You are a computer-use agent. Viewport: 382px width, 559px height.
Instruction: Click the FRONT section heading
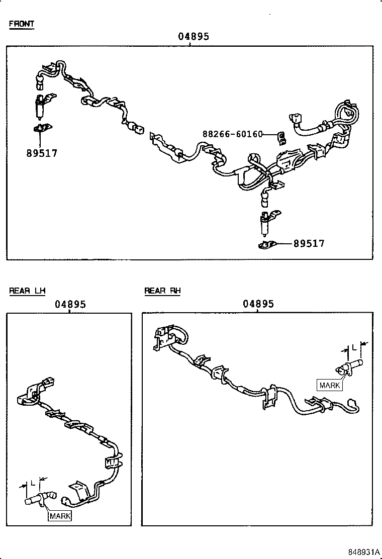21,24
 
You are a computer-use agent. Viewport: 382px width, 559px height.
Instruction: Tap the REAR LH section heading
27,291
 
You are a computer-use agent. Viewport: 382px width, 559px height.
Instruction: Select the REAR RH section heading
162,291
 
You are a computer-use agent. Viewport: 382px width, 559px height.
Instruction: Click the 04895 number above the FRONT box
193,37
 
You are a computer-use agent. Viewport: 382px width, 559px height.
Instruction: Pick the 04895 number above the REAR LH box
70,304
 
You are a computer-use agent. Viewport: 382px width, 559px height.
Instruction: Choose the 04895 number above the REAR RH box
258,304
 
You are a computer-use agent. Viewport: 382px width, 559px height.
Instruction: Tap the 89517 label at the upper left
42,153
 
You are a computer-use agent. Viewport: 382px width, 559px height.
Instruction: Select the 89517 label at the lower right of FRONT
309,243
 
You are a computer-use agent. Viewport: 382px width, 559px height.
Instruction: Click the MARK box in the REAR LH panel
60,516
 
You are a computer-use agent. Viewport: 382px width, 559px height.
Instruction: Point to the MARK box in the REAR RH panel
330,386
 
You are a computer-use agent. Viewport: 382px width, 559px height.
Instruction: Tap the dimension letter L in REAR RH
354,347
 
